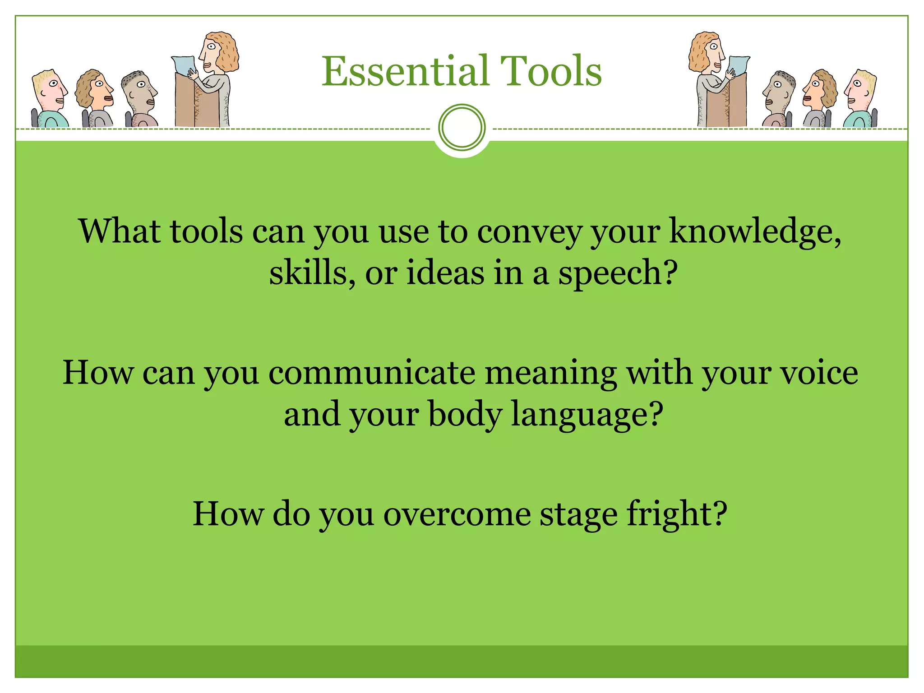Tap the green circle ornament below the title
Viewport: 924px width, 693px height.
point(462,127)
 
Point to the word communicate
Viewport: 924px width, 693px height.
point(371,374)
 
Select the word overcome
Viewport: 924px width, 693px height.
point(457,514)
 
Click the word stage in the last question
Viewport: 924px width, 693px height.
point(578,514)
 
